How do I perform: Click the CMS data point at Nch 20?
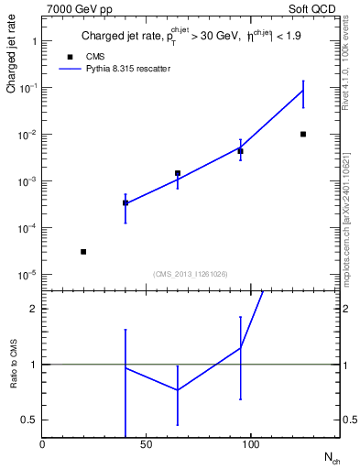pos(83,251)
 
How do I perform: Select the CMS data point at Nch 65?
pos(178,172)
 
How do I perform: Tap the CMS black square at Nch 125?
pos(303,134)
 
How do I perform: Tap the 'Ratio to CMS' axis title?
pos(13,365)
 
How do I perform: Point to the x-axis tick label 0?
pos(42,445)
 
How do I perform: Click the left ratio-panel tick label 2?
pos(35,309)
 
